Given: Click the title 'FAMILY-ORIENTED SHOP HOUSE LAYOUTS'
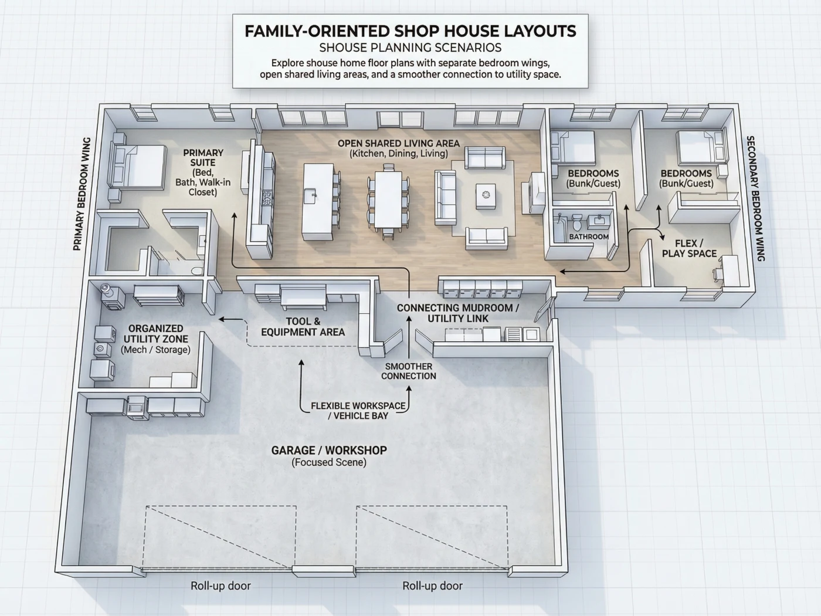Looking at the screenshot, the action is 410,31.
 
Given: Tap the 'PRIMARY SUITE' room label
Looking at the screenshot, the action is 203,157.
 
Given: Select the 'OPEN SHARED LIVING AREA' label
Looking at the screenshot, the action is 399,143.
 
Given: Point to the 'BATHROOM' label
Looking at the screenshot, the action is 589,237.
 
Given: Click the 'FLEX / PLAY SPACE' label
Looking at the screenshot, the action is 689,248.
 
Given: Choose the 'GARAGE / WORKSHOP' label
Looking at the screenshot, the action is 329,451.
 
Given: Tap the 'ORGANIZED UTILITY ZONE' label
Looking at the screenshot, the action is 155,334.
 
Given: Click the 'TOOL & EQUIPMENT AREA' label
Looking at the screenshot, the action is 303,327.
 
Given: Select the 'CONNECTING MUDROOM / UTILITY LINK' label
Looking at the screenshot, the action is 458,313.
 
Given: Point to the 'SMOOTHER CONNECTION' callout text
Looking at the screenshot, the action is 408,371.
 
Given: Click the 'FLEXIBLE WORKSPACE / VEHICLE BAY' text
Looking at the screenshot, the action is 358,411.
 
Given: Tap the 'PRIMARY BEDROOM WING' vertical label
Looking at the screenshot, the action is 82,194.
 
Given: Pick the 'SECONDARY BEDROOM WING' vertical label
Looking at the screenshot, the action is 755,198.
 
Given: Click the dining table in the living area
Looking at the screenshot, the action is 388,199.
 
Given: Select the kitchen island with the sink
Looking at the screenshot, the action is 318,201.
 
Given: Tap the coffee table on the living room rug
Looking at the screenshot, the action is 486,195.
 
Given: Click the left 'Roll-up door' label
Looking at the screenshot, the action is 220,585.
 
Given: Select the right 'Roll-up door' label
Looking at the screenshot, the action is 432,585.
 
